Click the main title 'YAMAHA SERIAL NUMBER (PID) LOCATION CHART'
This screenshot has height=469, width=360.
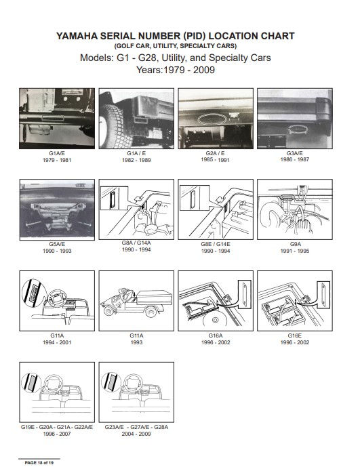pyautogui.click(x=180, y=36)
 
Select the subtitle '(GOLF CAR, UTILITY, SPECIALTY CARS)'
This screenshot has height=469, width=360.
pyautogui.click(x=180, y=45)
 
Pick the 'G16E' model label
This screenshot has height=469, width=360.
pyautogui.click(x=294, y=335)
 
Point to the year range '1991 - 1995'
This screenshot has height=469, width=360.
pyautogui.click(x=295, y=251)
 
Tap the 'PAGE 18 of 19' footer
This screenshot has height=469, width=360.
pyautogui.click(x=43, y=462)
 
